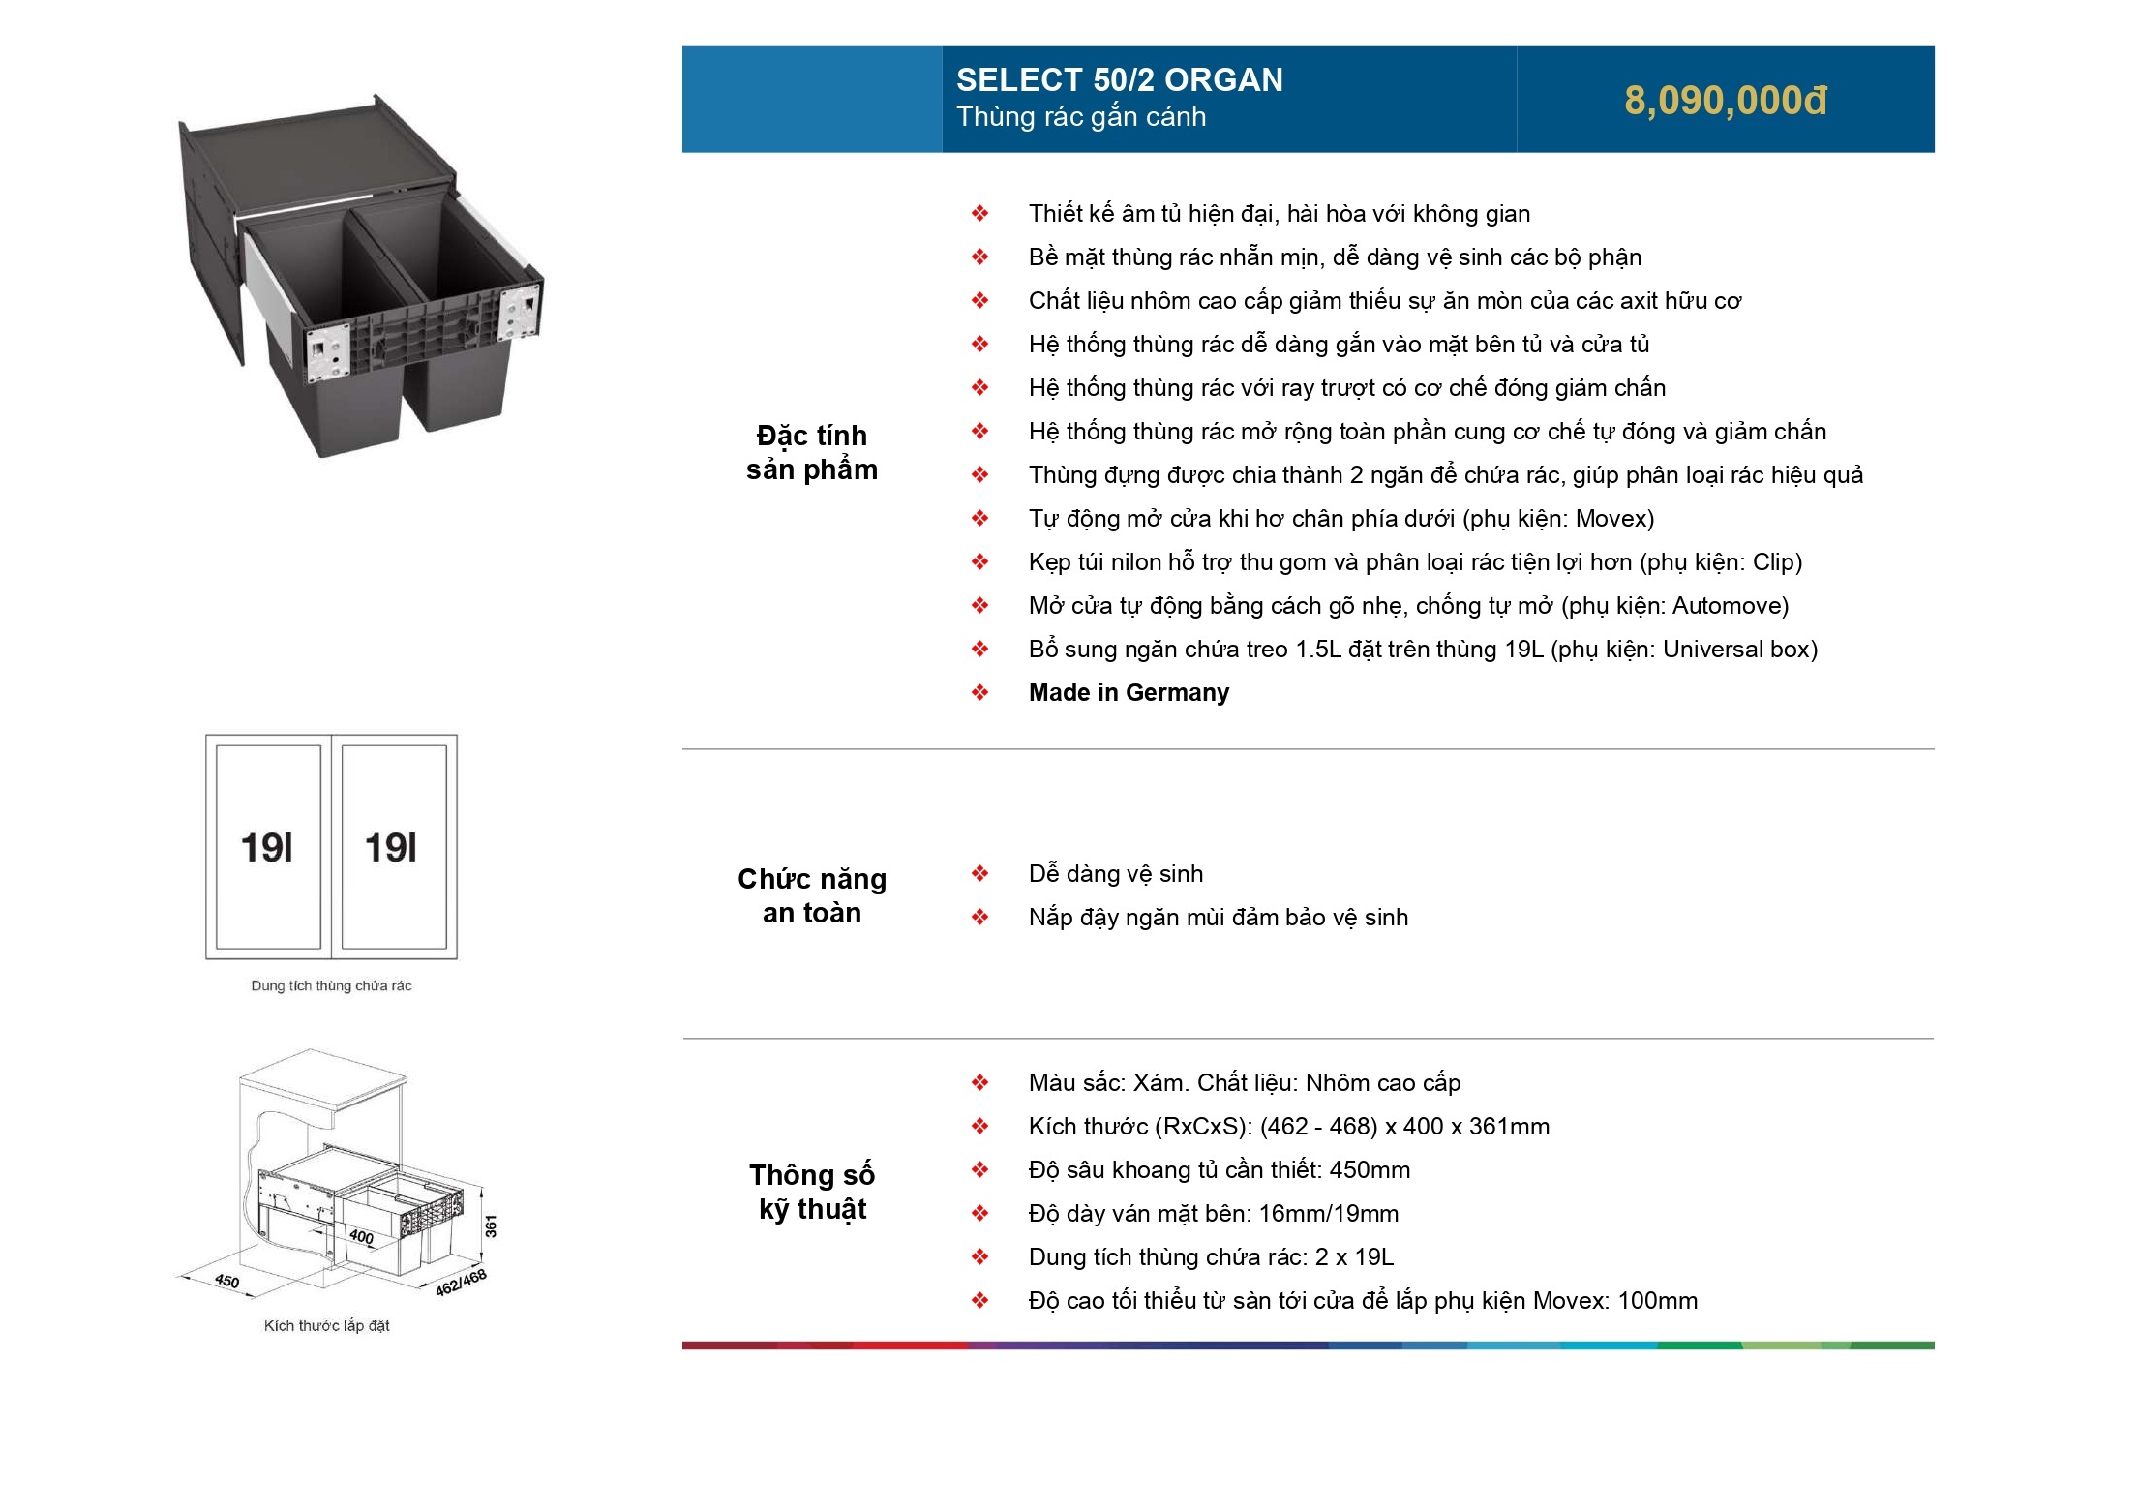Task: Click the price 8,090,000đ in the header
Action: point(1725,101)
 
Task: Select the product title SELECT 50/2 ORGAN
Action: point(1119,79)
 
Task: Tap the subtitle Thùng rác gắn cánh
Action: point(1081,117)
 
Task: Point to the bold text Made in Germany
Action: point(1129,693)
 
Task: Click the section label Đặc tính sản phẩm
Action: point(811,452)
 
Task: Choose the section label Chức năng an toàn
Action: point(811,895)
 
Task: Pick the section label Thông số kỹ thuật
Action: point(811,1192)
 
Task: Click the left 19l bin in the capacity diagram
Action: point(268,848)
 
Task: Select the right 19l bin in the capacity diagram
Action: point(392,848)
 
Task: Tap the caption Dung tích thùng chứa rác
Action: point(331,985)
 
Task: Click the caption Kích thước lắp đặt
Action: point(326,1325)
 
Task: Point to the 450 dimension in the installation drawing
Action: point(226,1281)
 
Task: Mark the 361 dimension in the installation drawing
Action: point(491,1225)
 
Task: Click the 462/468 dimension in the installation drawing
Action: point(461,1282)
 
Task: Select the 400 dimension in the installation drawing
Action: point(361,1236)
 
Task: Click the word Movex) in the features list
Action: point(1614,519)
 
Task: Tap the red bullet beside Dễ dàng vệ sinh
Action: point(979,873)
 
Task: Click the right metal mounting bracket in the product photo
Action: point(520,311)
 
